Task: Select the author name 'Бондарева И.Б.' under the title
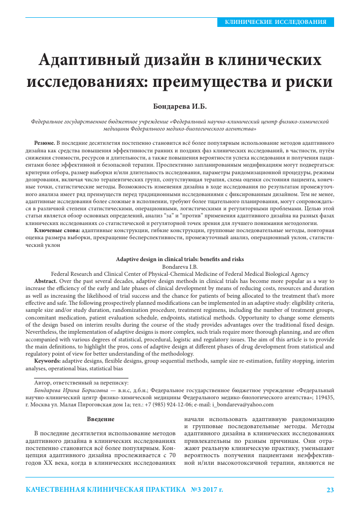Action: [x=180, y=107]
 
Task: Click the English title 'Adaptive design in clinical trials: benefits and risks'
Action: [x=180, y=259]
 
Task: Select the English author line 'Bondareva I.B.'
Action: [x=180, y=266]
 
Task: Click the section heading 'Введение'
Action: [x=101, y=419]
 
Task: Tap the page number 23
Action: [x=330, y=491]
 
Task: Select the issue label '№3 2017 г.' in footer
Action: [x=207, y=491]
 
